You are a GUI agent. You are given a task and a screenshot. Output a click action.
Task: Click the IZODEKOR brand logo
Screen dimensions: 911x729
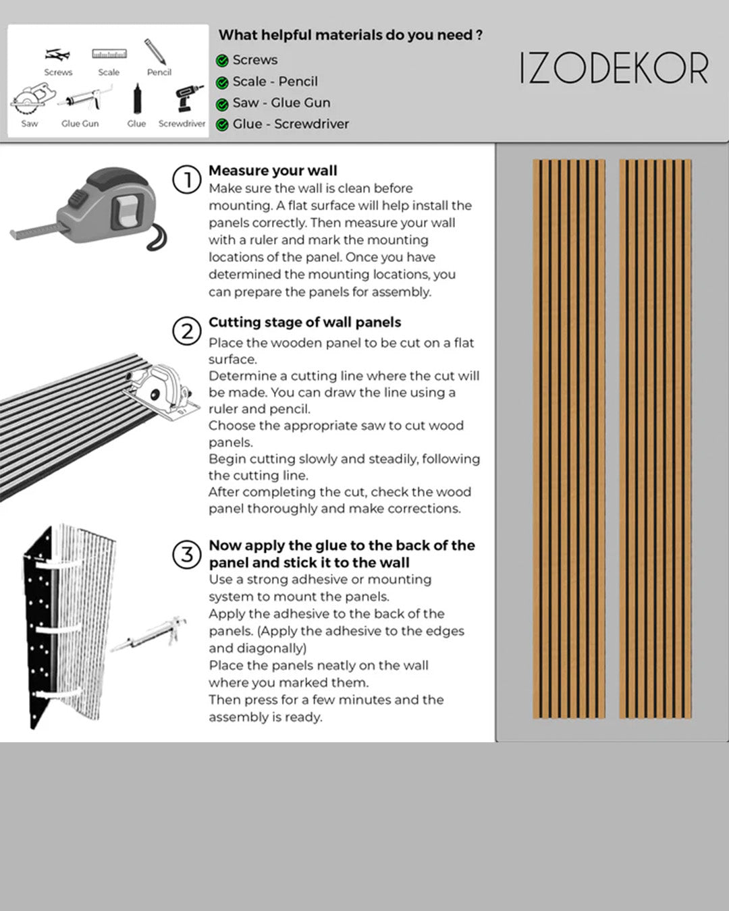click(x=614, y=68)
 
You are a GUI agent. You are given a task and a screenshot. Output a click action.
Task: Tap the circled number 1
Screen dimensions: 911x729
click(x=186, y=180)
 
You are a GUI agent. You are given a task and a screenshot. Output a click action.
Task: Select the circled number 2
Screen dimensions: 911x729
click(x=186, y=331)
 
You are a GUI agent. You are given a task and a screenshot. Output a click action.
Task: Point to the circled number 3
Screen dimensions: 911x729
click(x=186, y=555)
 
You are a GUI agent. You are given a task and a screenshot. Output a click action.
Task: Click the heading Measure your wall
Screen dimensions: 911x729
click(x=273, y=171)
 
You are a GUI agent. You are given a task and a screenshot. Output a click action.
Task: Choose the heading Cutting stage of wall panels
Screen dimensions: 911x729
click(x=304, y=322)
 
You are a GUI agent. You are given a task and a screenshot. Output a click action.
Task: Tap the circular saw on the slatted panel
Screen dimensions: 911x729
click(x=162, y=390)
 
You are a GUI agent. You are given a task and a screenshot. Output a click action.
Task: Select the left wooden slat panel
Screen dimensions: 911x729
click(x=568, y=439)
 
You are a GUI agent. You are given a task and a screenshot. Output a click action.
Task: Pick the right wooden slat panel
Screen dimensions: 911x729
click(x=655, y=439)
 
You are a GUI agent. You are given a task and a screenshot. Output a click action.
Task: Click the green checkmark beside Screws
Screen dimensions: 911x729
click(x=222, y=61)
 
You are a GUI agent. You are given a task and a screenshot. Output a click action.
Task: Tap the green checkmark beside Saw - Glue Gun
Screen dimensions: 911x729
click(x=222, y=104)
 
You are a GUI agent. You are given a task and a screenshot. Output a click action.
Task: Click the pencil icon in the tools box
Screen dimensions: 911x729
click(x=155, y=52)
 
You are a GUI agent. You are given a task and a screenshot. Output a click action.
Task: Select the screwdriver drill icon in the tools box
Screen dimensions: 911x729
click(x=188, y=99)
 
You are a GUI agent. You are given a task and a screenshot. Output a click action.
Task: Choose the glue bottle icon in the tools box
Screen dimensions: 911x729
click(x=137, y=100)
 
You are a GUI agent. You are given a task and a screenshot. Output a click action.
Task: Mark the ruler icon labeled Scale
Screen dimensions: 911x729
click(x=109, y=53)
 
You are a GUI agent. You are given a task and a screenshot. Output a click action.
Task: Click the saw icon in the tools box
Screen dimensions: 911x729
click(x=28, y=101)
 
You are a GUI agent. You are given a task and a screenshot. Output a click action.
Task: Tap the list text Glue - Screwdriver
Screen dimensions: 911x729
click(x=291, y=124)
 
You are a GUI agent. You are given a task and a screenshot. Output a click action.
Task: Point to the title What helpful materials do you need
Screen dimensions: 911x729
click(x=350, y=35)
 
